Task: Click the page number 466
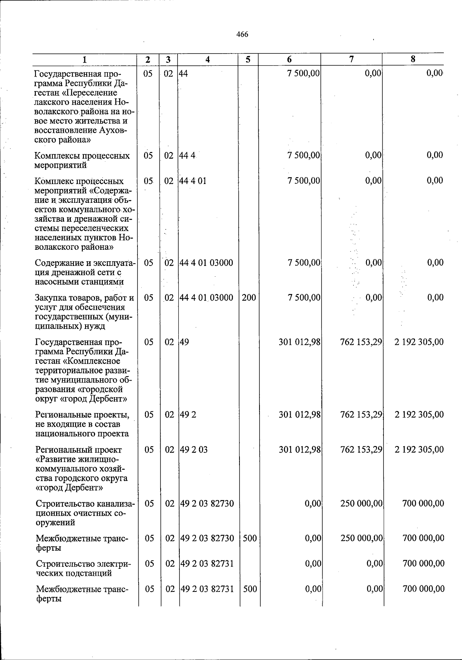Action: (242, 35)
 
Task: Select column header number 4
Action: (208, 60)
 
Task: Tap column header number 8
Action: (413, 59)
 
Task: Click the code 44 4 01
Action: (193, 180)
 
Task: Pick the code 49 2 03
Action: (194, 449)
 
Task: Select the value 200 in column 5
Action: (249, 297)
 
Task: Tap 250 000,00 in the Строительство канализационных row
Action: (362, 503)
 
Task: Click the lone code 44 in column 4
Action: (183, 74)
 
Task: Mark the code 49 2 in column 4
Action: (188, 415)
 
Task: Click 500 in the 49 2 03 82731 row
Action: (250, 589)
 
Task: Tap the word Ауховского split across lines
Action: (112, 130)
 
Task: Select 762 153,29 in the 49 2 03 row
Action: (361, 449)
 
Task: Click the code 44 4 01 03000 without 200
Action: (206, 263)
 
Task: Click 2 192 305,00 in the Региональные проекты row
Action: (419, 415)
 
